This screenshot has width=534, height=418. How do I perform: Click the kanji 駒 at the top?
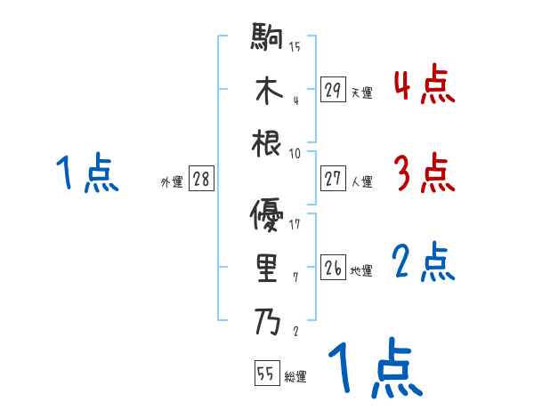pyautogui.click(x=267, y=40)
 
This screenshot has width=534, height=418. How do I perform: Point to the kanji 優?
pyautogui.click(x=267, y=216)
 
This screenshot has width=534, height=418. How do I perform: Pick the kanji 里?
pyautogui.click(x=267, y=269)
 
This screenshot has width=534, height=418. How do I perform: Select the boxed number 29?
pyautogui.click(x=333, y=90)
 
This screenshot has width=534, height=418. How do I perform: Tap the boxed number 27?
pyautogui.click(x=333, y=179)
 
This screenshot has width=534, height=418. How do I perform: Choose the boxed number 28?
pyautogui.click(x=201, y=180)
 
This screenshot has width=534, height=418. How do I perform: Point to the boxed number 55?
pyautogui.click(x=266, y=374)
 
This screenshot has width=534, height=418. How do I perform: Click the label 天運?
pyautogui.click(x=361, y=92)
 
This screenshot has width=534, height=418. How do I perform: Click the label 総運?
pyautogui.click(x=295, y=376)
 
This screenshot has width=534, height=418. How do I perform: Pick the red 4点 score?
pyautogui.click(x=424, y=85)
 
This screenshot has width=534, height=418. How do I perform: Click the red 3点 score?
pyautogui.click(x=424, y=173)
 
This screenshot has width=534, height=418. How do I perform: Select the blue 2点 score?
pyautogui.click(x=424, y=263)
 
